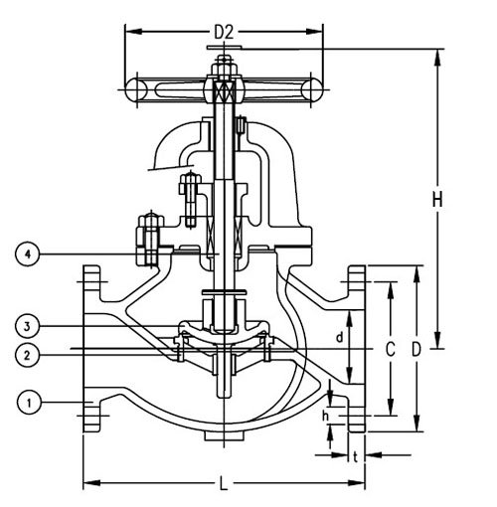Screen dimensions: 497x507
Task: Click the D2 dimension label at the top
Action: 224,32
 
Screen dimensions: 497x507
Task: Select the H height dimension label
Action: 437,200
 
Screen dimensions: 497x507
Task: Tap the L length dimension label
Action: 224,483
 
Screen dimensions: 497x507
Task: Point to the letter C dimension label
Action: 391,349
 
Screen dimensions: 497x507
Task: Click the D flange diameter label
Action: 416,349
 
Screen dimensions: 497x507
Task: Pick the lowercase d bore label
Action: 339,337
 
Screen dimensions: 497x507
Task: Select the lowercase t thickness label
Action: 356,457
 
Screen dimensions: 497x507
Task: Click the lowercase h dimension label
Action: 325,417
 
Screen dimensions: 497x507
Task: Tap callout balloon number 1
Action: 30,403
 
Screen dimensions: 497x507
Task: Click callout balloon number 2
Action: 27,355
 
